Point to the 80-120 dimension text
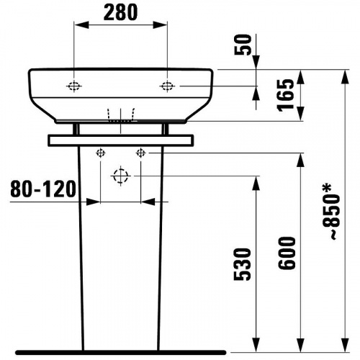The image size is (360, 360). tap(43, 189)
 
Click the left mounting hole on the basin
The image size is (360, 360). tap(74, 86)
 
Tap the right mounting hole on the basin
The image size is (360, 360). tap(167, 86)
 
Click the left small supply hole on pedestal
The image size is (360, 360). tap(100, 152)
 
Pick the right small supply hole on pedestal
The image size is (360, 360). tap(141, 152)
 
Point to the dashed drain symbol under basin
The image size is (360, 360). tap(120, 116)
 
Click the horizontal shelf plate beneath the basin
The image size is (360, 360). tap(120, 140)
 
